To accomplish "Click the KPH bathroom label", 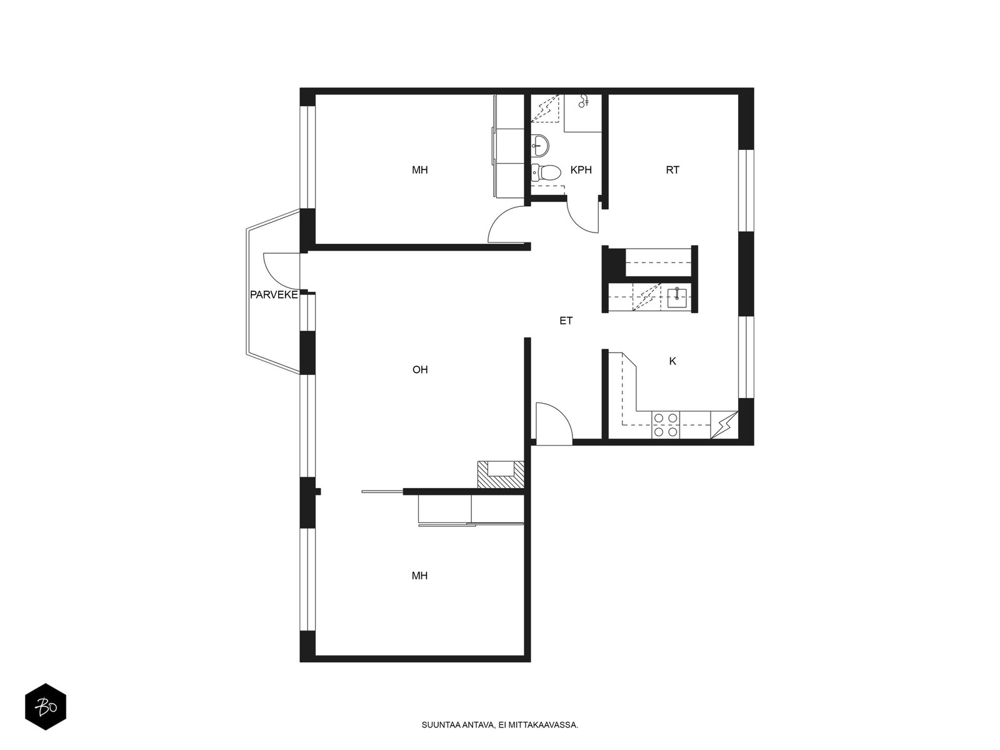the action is pos(581,170).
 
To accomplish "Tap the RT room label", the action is pos(672,170).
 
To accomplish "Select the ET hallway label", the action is pos(566,321).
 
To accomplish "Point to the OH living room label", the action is pos(420,369).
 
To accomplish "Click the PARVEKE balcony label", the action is pos(274,294).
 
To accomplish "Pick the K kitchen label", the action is pos(672,361).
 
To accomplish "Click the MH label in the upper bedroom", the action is pos(419,170).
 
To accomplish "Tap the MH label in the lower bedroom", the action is pos(419,576).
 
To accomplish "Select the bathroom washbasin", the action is pos(541,144).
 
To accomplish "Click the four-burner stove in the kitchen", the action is pos(666,425).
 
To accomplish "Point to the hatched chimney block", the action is pos(501,475).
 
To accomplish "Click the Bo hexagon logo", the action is pos(46,707).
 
